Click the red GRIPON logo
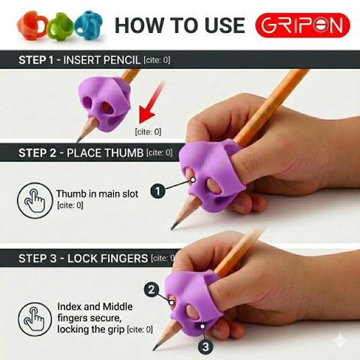[302, 25]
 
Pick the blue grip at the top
[88, 25]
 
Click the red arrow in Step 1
[151, 103]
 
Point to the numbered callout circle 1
[157, 191]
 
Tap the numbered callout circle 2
[151, 289]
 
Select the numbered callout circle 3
[205, 346]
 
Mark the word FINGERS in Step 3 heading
[125, 259]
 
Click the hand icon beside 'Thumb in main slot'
[35, 200]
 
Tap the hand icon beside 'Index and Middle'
[35, 319]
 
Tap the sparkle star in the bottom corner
[340, 340]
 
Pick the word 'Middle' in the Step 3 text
[118, 307]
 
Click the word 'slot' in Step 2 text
[129, 194]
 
